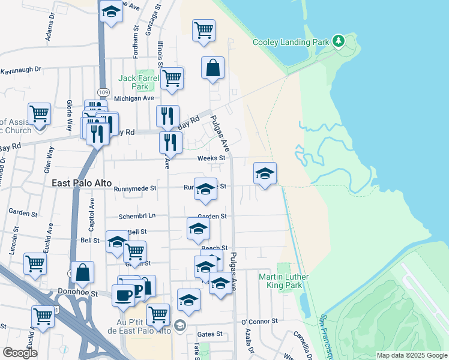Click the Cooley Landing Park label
pos(291,42)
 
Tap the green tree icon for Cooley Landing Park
pos(339,41)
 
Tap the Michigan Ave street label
pos(134,98)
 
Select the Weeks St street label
pos(211,158)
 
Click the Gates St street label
pos(210,334)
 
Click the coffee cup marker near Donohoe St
pos(123,295)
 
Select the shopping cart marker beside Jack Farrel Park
pos(172,78)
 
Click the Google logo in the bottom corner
pos(20,353)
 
